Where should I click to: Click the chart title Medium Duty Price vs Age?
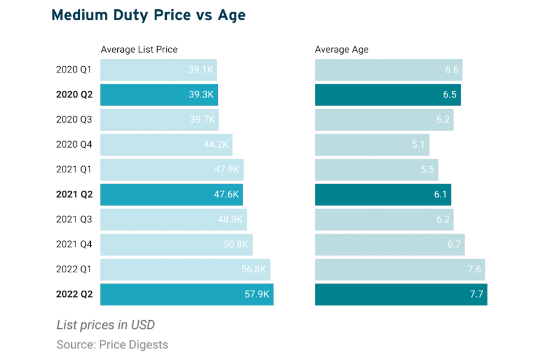pyautogui.click(x=148, y=15)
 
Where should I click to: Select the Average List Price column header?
pyautogui.click(x=139, y=50)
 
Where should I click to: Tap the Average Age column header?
pyautogui.click(x=341, y=50)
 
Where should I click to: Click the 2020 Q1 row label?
pyautogui.click(x=74, y=70)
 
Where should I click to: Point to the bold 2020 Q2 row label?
pyautogui.click(x=74, y=95)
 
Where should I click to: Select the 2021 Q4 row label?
pyautogui.click(x=74, y=245)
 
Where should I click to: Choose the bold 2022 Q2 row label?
pyautogui.click(x=74, y=294)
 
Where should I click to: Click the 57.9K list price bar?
pyautogui.click(x=187, y=294)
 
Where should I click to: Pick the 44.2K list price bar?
pyautogui.click(x=166, y=145)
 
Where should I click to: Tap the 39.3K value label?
pyautogui.click(x=201, y=95)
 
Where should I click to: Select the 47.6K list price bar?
pyautogui.click(x=171, y=195)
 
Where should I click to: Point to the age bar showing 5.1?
pyautogui.click(x=372, y=145)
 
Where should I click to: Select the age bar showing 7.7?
pyautogui.click(x=401, y=294)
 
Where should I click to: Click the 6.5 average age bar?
pyautogui.click(x=387, y=95)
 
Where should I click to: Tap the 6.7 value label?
pyautogui.click(x=454, y=245)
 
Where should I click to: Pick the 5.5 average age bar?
pyautogui.click(x=376, y=170)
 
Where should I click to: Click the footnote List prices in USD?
pyautogui.click(x=106, y=325)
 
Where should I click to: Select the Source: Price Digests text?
pyautogui.click(x=112, y=345)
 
